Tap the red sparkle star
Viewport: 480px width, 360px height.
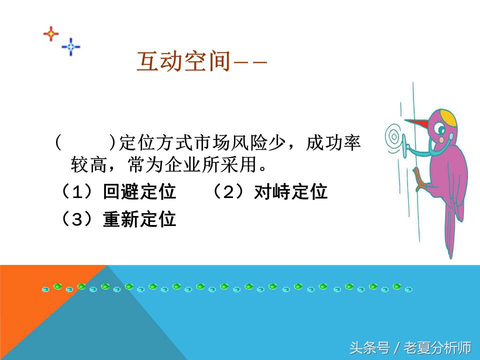click(50, 33)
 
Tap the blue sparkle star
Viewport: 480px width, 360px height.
click(71, 47)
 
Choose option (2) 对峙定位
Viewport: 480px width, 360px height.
click(290, 192)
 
